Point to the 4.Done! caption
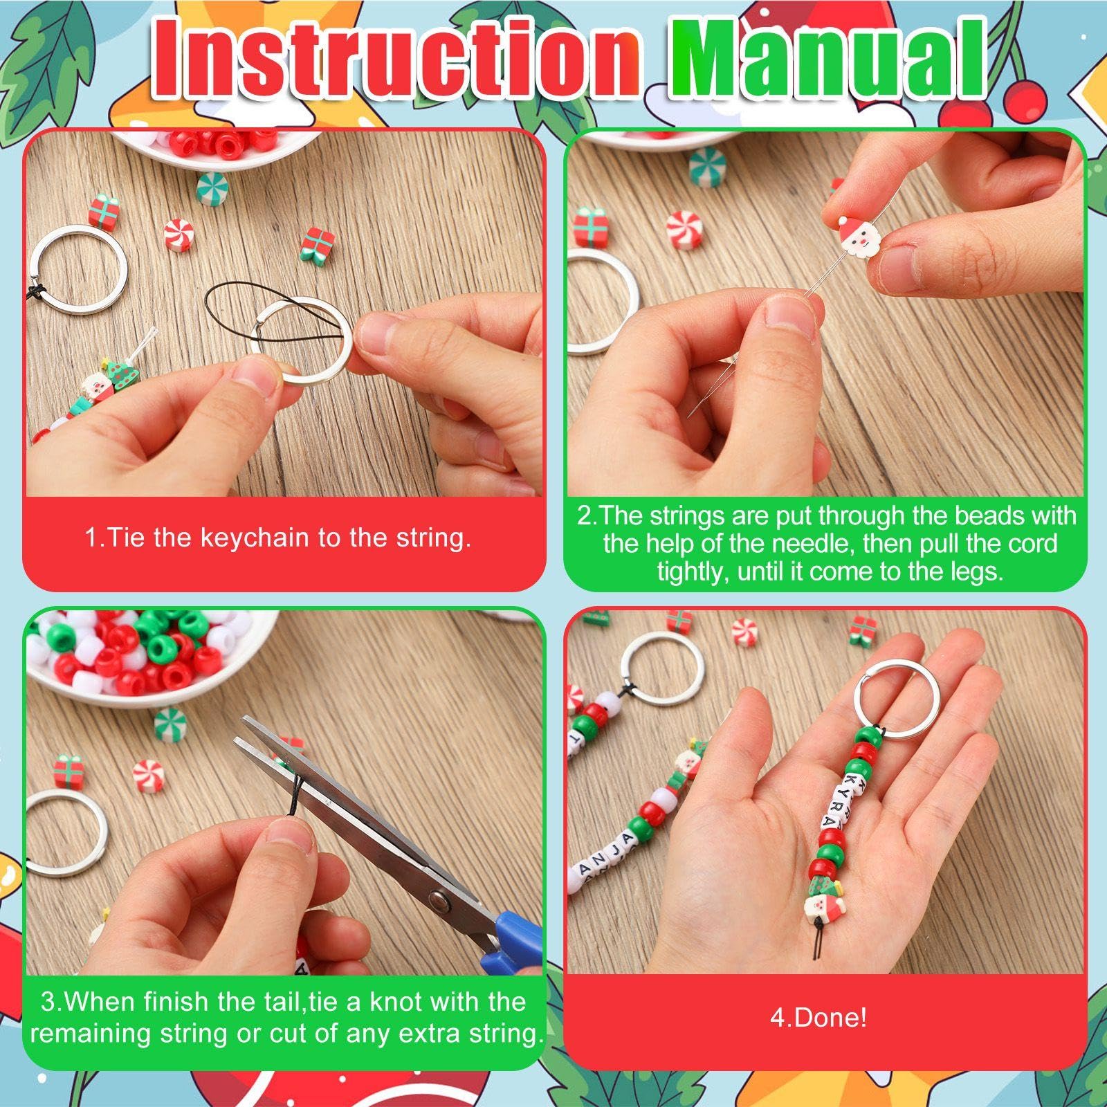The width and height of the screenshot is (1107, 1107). [x=818, y=1018]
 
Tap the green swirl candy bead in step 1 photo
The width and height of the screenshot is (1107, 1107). [x=212, y=187]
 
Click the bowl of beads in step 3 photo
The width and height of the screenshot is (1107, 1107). [x=145, y=650]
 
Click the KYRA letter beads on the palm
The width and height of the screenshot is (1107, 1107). [x=840, y=802]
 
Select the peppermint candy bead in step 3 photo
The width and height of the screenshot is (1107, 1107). [x=147, y=773]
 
